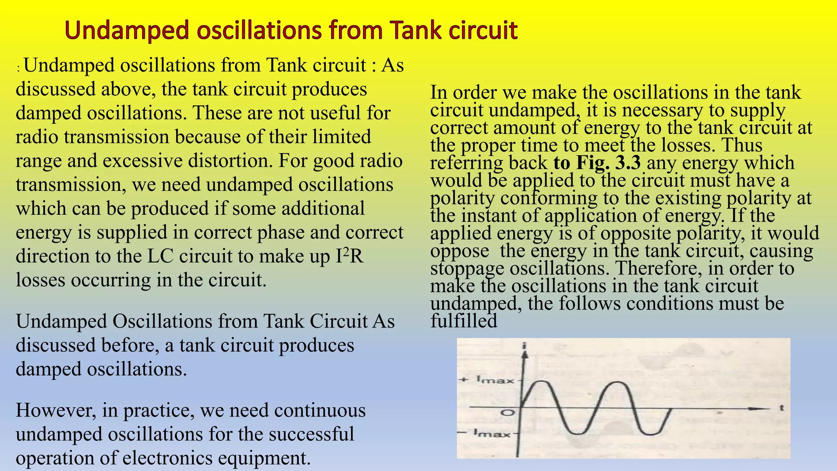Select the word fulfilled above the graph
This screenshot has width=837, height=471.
click(464, 321)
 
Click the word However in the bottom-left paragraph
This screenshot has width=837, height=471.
click(56, 410)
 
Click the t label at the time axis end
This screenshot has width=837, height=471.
click(781, 408)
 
